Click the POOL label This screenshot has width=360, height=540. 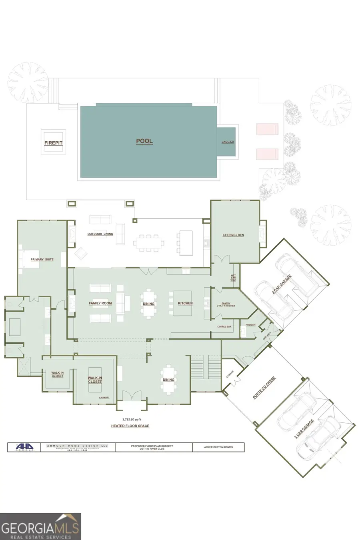click(x=144, y=141)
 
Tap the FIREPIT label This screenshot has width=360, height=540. click(x=53, y=143)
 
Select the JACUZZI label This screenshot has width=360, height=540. click(x=228, y=142)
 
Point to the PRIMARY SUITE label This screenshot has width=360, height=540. click(x=42, y=260)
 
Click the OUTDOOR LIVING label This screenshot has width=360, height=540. click(x=100, y=234)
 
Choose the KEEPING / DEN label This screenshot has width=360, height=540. click(x=233, y=235)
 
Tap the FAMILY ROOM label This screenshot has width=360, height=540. click(x=100, y=304)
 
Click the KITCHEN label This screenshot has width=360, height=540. click(x=185, y=304)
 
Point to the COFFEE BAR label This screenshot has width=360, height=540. click(x=224, y=327)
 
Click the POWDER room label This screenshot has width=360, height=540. click(x=250, y=325)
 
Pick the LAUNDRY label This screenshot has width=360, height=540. click(x=104, y=398)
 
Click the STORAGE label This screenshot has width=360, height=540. click(x=230, y=374)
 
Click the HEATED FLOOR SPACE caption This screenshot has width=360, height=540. click(x=130, y=426)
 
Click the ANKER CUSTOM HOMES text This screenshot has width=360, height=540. click(x=218, y=447)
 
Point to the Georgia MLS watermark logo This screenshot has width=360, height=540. click(x=40, y=526)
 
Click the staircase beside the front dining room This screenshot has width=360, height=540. click(x=206, y=370)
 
